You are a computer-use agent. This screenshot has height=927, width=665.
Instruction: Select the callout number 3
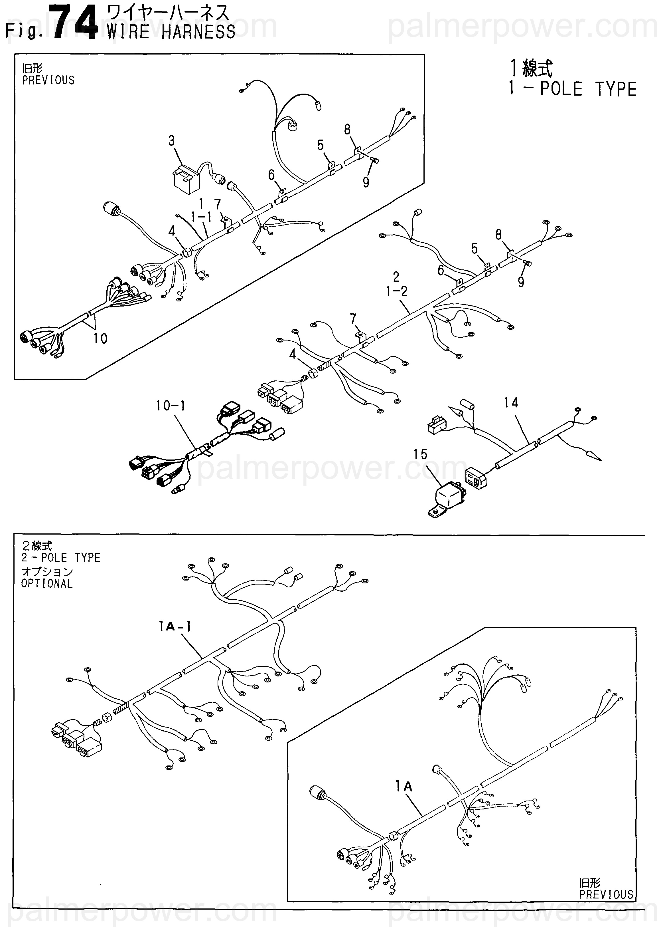click(x=172, y=141)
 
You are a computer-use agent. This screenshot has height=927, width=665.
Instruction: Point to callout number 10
click(x=100, y=338)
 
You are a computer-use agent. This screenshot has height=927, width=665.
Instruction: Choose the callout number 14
click(x=511, y=403)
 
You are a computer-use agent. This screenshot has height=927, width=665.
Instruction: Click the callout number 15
click(x=420, y=454)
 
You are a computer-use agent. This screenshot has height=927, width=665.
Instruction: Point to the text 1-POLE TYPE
click(x=572, y=89)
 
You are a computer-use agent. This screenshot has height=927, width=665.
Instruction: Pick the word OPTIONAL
click(x=47, y=584)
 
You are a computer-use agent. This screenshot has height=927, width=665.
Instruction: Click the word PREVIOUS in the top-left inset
click(x=48, y=80)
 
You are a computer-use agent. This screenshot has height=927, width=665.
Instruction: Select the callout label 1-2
click(x=397, y=291)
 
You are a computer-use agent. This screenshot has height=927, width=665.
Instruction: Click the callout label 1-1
click(x=201, y=217)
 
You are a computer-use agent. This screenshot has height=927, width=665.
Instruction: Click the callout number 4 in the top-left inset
click(x=172, y=231)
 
